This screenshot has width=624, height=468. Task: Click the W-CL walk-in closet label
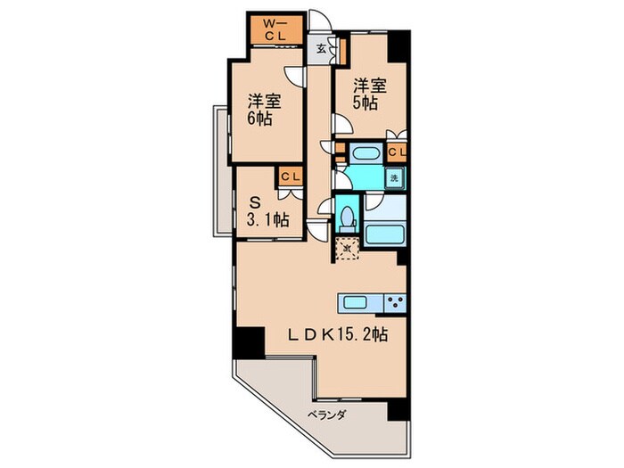point(276,29)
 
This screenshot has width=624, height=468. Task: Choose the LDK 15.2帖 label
point(337,335)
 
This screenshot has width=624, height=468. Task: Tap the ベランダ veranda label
point(327,415)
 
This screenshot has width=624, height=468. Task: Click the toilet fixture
point(347,217)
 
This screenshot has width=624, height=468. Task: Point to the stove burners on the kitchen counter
point(395,300)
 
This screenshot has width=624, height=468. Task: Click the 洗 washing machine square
point(393,177)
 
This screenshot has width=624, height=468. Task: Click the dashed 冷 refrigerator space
point(347,248)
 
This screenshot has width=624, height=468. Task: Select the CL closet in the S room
point(289,177)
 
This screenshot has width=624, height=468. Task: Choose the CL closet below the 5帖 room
point(396,152)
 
